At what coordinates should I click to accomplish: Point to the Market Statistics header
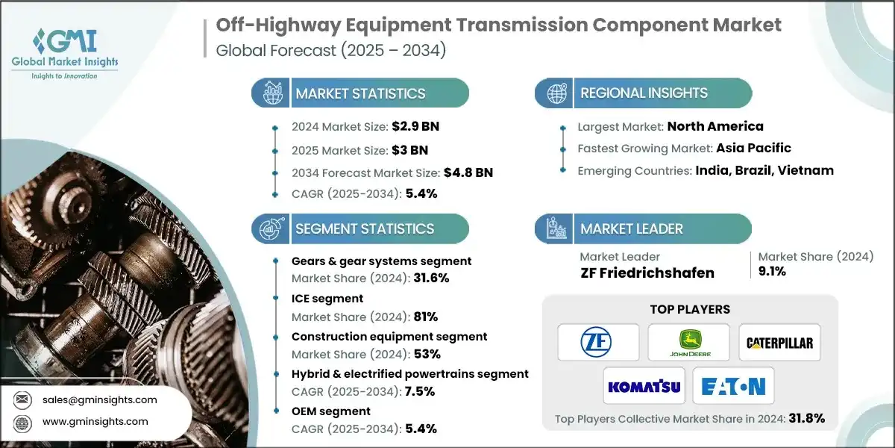click(360, 93)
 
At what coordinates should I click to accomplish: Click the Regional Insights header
click(644, 93)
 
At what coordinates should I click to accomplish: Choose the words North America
click(715, 126)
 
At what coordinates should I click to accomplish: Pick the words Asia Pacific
click(753, 148)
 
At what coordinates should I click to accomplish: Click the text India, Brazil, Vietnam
click(764, 170)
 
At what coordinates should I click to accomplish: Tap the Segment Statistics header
click(364, 228)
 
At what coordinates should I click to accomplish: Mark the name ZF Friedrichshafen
click(647, 273)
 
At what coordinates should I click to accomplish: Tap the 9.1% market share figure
click(773, 271)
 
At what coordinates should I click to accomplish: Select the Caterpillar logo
click(779, 343)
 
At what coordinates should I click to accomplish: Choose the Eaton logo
click(734, 386)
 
